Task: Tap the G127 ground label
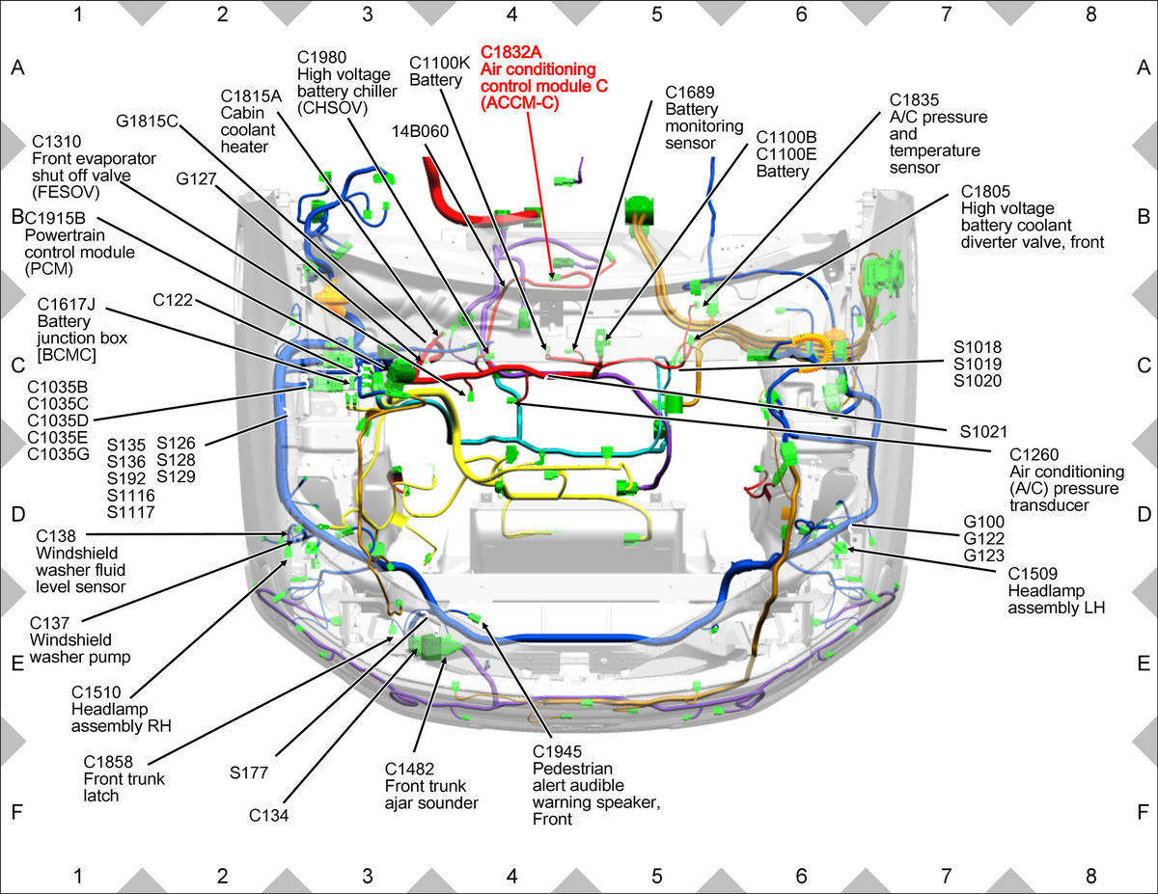(x=196, y=179)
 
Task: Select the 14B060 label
(x=420, y=131)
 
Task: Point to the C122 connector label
(x=173, y=300)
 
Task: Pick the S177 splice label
(x=248, y=772)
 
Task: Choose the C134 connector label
(x=268, y=815)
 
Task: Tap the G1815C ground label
(x=147, y=122)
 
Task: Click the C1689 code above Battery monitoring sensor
(x=690, y=93)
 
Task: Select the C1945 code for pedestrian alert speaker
(x=557, y=752)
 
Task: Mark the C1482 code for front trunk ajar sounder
(x=409, y=770)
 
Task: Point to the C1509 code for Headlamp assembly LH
(x=1033, y=574)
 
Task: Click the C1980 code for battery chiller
(x=322, y=58)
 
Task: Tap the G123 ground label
(x=983, y=555)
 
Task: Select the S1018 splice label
(x=978, y=347)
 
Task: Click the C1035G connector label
(x=58, y=454)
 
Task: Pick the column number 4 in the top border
(x=511, y=14)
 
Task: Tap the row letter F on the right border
(x=1143, y=812)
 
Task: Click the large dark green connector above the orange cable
(x=640, y=211)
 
